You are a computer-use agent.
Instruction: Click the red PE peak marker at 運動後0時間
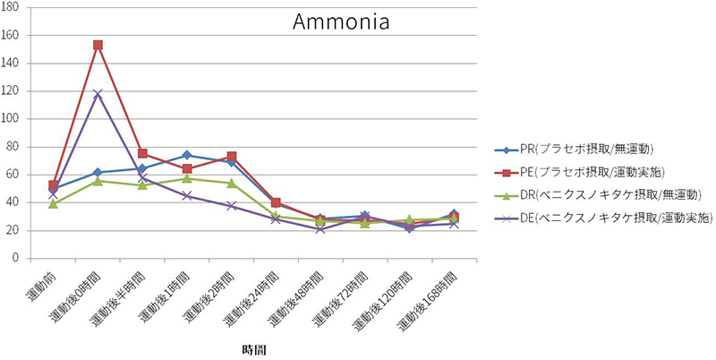pyautogui.click(x=98, y=45)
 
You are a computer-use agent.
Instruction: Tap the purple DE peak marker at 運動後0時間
pyautogui.click(x=98, y=94)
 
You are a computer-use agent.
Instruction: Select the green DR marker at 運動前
pyautogui.click(x=54, y=203)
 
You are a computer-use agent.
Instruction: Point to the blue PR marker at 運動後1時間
pyautogui.click(x=186, y=155)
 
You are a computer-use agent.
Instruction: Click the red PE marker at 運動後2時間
pyautogui.click(x=231, y=157)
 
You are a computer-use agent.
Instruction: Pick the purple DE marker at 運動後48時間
pyautogui.click(x=320, y=228)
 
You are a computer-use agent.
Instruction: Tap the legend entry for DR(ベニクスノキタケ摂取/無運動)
pyautogui.click(x=605, y=194)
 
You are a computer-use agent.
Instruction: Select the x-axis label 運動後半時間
pyautogui.click(x=116, y=292)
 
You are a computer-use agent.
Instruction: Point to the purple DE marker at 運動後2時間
pyautogui.click(x=231, y=206)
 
